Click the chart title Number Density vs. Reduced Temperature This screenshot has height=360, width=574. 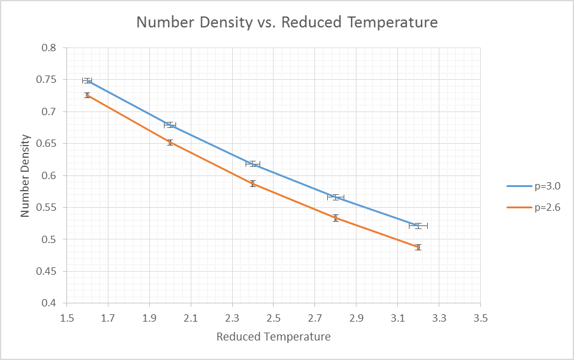tap(287, 23)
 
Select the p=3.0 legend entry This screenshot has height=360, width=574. tap(547, 185)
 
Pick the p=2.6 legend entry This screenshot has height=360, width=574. tap(547, 207)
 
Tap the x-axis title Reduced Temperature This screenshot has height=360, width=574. tap(274, 337)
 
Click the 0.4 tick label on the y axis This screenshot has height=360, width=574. tap(52, 303)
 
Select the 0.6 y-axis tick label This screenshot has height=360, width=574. tap(52, 175)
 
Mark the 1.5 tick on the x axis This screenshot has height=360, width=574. tap(67, 317)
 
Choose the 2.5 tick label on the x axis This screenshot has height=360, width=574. tap(274, 317)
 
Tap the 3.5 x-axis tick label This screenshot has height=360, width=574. tap(480, 317)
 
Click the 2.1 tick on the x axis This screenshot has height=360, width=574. tap(191, 317)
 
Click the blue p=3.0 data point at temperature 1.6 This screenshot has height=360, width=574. tap(87, 80)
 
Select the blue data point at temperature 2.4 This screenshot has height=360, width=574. tap(253, 163)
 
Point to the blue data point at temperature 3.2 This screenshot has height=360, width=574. tap(418, 225)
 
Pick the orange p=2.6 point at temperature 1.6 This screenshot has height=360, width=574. tap(87, 95)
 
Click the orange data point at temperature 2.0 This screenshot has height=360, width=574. tap(170, 143)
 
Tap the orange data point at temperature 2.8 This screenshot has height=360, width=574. tap(335, 217)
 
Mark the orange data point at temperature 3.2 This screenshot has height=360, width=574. tap(418, 247)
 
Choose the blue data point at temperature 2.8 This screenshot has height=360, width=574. tap(335, 197)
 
